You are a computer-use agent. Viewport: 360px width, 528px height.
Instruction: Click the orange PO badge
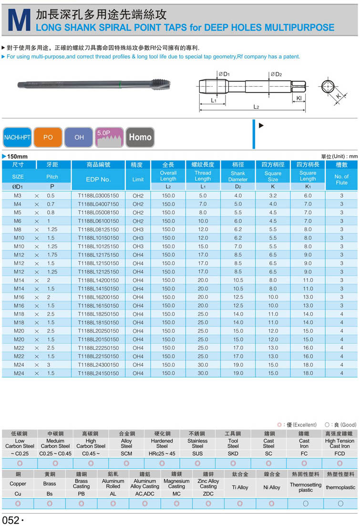[48, 137]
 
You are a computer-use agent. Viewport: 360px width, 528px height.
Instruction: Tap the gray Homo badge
[140, 137]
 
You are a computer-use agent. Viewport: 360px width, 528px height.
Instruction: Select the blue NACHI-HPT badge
[17, 137]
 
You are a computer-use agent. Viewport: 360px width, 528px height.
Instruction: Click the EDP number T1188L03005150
[98, 195]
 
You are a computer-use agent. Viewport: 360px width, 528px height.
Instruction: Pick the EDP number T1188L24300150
[98, 365]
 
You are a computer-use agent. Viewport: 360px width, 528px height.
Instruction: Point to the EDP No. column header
[98, 179]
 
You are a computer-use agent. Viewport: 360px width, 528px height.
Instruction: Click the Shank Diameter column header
[237, 176]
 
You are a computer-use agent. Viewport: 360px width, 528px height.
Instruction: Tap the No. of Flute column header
[341, 179]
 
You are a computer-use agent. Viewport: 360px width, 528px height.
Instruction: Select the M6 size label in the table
[18, 221]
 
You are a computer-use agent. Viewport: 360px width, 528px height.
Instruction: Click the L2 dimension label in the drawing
[256, 107]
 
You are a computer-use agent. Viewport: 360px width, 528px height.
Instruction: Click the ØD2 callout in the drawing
[276, 74]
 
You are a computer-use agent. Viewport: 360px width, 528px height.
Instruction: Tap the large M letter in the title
[20, 21]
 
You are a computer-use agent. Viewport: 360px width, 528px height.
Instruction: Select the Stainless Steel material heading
[197, 443]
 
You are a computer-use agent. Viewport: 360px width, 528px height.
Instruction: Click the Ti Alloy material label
[240, 487]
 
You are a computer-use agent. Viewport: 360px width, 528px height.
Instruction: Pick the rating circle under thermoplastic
[340, 503]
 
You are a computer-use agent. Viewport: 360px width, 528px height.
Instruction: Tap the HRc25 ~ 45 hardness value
[162, 453]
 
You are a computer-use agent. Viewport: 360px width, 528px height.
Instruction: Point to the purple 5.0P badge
[110, 137]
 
